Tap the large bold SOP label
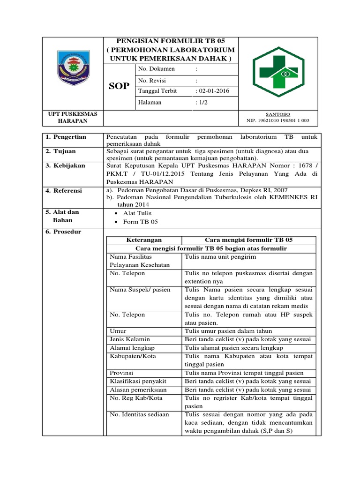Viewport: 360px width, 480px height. click(x=119, y=86)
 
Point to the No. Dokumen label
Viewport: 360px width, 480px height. click(x=156, y=69)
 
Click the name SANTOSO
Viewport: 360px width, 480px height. click(x=278, y=114)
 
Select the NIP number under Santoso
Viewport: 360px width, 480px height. click(x=278, y=120)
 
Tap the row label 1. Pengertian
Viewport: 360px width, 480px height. click(x=66, y=137)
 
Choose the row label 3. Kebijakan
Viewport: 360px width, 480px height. click(x=66, y=165)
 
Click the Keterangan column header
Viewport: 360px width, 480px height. click(x=144, y=240)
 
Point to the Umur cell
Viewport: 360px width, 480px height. click(x=118, y=331)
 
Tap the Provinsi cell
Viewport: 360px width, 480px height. click(x=122, y=373)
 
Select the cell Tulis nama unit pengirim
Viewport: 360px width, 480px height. click(x=220, y=257)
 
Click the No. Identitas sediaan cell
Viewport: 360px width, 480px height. click(x=139, y=414)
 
